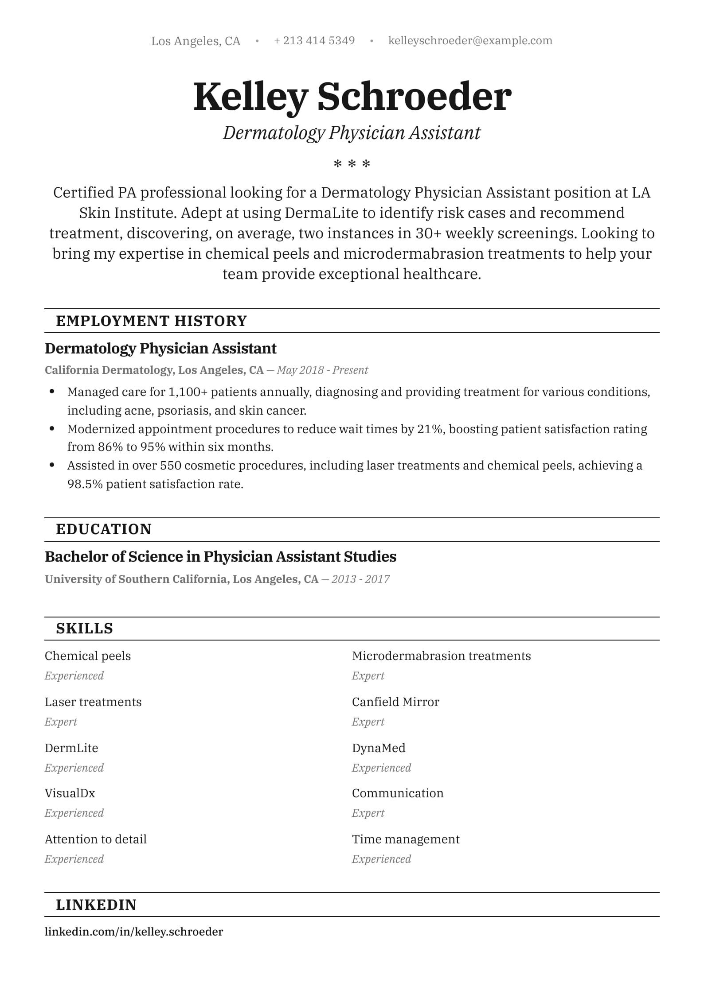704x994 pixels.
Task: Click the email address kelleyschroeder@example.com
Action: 470,41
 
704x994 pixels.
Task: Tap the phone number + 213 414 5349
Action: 314,41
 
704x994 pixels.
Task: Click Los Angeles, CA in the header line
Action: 196,41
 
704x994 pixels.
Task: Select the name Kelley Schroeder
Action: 352,97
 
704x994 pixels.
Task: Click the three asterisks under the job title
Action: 352,164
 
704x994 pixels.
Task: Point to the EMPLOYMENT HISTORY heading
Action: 151,321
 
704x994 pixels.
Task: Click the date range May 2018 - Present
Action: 322,370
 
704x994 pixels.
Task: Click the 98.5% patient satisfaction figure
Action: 85,484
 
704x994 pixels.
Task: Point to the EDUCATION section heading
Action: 104,529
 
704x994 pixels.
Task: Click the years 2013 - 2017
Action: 360,579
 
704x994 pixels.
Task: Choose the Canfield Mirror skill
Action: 395,702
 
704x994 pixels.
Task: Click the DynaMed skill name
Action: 379,748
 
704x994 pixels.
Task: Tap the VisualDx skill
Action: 70,793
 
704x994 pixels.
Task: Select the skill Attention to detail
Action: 95,839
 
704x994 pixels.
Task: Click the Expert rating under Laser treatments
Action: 61,722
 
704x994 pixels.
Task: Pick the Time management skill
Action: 406,839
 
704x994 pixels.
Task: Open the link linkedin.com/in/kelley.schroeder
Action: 134,932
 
